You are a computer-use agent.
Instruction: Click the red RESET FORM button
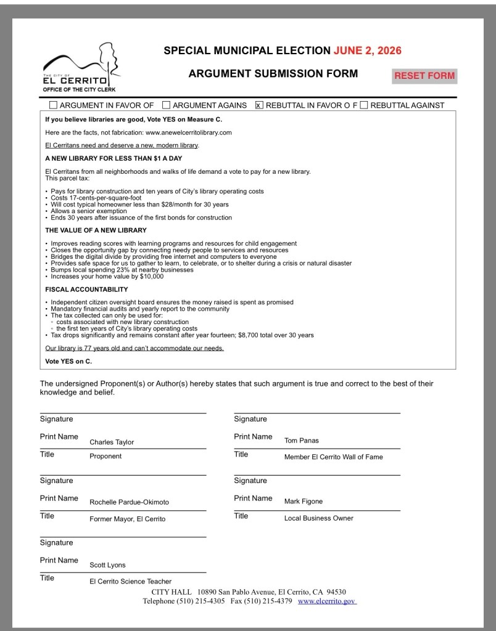pos(424,76)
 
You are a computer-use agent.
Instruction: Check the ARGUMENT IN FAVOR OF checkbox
pos(53,105)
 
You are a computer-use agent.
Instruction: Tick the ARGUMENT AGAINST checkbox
pos(167,105)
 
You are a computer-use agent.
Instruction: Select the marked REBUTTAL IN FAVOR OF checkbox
pos(259,105)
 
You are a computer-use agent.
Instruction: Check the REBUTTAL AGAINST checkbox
pos(364,105)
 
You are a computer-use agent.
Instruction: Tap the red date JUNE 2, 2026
pos(368,51)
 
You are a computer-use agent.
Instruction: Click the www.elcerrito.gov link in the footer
pos(327,601)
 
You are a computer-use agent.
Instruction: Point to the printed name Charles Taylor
pos(112,442)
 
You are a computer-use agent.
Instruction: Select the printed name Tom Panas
pos(301,440)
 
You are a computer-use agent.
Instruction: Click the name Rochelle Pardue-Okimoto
pos(129,502)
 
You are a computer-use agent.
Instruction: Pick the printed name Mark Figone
pos(303,501)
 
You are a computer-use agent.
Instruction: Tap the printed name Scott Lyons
pos(108,564)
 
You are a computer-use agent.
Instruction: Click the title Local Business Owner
pos(318,518)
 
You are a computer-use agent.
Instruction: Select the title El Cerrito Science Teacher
pos(131,581)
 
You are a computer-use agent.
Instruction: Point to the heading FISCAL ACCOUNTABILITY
pos(86,289)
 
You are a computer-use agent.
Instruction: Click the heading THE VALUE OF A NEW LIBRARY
pos(96,230)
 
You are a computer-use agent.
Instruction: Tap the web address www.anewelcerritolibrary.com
pos(188,132)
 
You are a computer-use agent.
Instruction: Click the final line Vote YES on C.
pos(68,361)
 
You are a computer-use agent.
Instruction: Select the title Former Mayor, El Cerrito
pos(127,519)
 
